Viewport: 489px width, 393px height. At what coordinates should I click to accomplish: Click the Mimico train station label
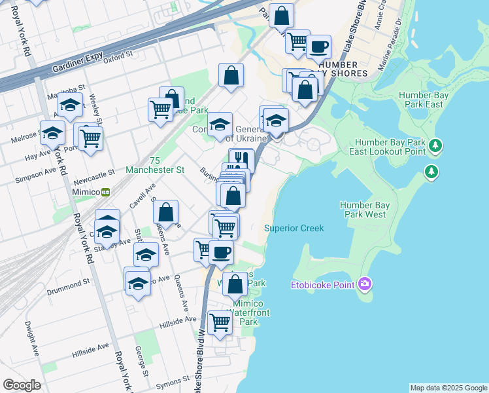click(90, 193)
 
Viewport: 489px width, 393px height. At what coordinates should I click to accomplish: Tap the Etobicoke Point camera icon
click(365, 284)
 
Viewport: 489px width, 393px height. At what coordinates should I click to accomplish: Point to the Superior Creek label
click(294, 228)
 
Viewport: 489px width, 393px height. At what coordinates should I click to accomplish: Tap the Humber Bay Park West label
click(365, 210)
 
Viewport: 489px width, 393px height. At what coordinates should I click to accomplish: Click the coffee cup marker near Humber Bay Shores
click(319, 47)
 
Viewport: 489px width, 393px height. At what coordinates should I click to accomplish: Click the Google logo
click(22, 385)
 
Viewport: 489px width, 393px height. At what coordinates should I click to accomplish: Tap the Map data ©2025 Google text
click(448, 388)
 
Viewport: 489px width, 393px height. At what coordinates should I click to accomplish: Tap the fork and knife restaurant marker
click(241, 159)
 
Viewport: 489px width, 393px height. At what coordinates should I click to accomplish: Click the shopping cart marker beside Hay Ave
click(90, 138)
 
